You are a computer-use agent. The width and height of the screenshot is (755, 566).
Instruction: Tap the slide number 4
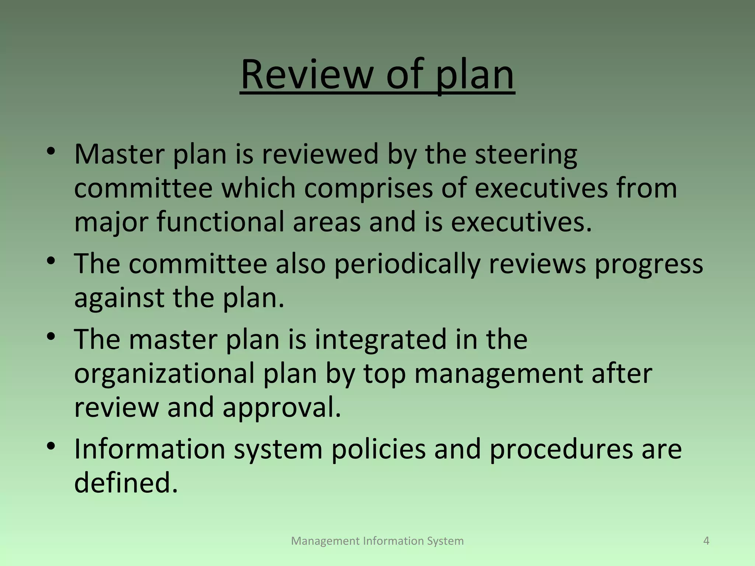(706, 541)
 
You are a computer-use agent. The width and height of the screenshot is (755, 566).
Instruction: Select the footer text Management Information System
(377, 541)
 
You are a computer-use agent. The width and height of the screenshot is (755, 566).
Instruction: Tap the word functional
(220, 222)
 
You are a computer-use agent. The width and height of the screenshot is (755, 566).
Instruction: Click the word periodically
(407, 264)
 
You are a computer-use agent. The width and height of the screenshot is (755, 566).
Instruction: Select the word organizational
(164, 374)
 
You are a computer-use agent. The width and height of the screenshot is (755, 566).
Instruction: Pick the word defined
(126, 482)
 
